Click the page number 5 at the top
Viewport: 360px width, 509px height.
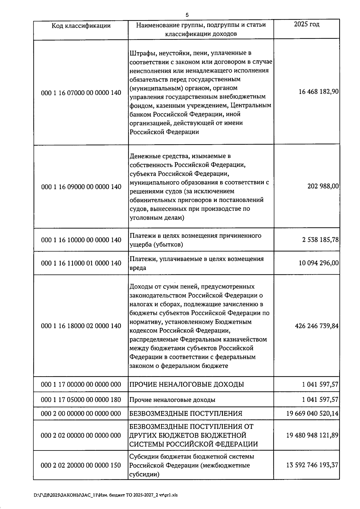pyautogui.click(x=187, y=15)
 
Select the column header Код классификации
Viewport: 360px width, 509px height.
pyautogui.click(x=81, y=26)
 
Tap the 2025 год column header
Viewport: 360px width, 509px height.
pyautogui.click(x=306, y=24)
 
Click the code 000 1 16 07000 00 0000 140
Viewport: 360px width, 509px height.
pyautogui.click(x=81, y=93)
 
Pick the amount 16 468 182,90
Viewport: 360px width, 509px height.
pyautogui.click(x=319, y=92)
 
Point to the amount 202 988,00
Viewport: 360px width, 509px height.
pyautogui.click(x=323, y=186)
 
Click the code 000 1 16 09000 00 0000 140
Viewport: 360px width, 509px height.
pyautogui.click(x=81, y=187)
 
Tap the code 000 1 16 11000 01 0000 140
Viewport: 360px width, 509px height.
pyautogui.click(x=81, y=263)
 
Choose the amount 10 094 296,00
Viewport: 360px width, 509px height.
pyautogui.click(x=319, y=263)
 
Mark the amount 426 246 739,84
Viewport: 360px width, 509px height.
pyautogui.click(x=317, y=326)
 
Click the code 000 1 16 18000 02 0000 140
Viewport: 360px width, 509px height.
pyautogui.click(x=81, y=326)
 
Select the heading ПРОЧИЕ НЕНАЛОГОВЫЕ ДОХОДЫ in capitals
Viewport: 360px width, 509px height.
pyautogui.click(x=187, y=384)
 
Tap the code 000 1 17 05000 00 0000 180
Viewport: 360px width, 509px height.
pyautogui.click(x=81, y=400)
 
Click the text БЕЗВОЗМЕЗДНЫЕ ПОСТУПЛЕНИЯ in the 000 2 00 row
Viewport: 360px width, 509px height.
pyautogui.click(x=186, y=414)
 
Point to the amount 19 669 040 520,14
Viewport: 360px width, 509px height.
pyautogui.click(x=312, y=414)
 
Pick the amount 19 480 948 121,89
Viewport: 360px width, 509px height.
pyautogui.click(x=312, y=435)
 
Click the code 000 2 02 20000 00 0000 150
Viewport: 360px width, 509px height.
pyautogui.click(x=81, y=465)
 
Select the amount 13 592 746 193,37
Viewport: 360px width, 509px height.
pyautogui.click(x=312, y=465)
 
